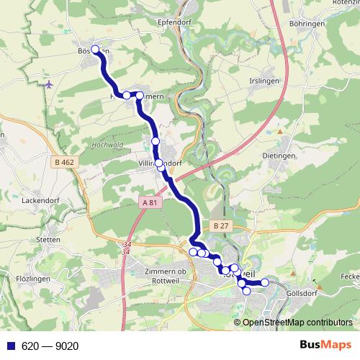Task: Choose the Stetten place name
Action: tap(48, 240)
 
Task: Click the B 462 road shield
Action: tap(65, 163)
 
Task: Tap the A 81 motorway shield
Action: tap(149, 204)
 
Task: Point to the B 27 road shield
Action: tap(220, 225)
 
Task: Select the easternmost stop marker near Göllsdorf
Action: tap(264, 282)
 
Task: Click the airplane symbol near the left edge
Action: tap(49, 85)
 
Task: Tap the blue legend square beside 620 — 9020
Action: tap(9, 346)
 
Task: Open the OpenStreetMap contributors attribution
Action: tap(297, 323)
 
